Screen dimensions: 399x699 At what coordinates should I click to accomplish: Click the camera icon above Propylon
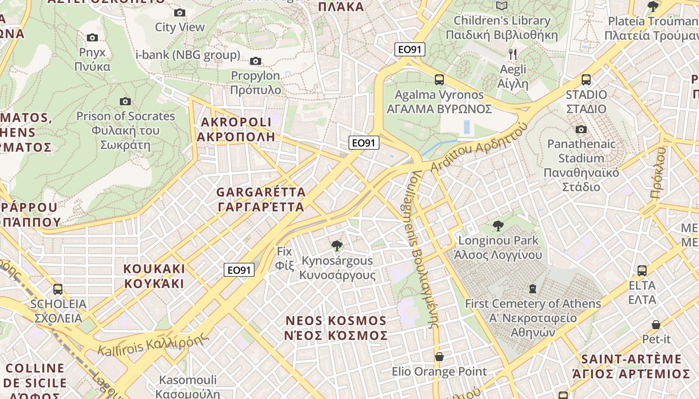click(x=256, y=61)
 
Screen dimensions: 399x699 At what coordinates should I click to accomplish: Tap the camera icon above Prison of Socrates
click(x=125, y=102)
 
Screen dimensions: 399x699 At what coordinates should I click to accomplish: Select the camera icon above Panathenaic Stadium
click(x=581, y=130)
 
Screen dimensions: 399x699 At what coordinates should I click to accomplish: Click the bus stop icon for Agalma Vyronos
click(x=439, y=80)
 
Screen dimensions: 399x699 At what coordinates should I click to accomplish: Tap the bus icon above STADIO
click(x=586, y=80)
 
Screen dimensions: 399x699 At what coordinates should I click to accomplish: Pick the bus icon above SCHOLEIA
click(x=58, y=289)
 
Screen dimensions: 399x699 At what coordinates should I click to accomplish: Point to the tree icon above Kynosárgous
click(x=337, y=245)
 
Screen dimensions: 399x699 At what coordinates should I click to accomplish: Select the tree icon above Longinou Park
click(x=498, y=226)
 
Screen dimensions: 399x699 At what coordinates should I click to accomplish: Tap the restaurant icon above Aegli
click(x=513, y=54)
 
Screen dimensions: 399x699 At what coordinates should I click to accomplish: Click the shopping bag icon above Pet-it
click(x=656, y=325)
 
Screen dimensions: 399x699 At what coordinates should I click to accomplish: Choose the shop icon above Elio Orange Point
click(x=439, y=357)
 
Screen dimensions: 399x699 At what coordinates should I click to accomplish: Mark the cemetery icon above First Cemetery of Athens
click(x=533, y=289)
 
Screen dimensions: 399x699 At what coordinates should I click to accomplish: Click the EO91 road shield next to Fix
click(x=239, y=270)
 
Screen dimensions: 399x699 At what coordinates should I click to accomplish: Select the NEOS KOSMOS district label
click(x=336, y=328)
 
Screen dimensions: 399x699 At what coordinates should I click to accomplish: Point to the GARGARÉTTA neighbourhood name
click(x=261, y=199)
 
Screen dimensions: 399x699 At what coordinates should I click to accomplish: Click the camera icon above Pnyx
click(x=92, y=38)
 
